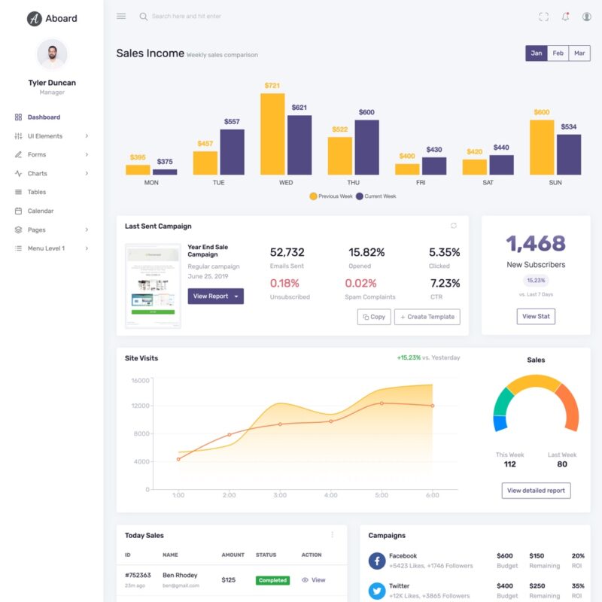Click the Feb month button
(558, 53)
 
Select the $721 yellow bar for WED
(272, 134)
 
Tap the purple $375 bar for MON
(165, 172)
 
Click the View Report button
(215, 296)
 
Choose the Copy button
(374, 317)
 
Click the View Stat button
(536, 316)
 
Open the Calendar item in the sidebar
(41, 211)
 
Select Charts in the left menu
(37, 173)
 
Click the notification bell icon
(565, 17)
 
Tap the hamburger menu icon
(121, 16)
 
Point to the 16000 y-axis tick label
(141, 381)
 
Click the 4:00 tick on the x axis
(330, 495)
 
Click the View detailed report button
(536, 491)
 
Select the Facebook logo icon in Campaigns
(377, 561)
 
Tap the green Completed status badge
(272, 580)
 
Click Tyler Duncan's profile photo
(52, 54)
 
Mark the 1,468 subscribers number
(536, 243)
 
